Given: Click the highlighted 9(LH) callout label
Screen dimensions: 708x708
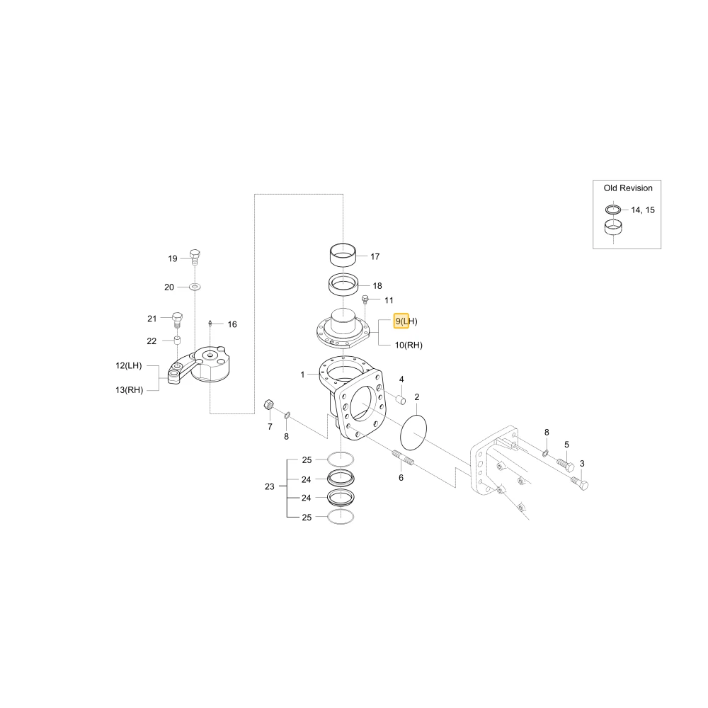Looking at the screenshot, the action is point(406,321).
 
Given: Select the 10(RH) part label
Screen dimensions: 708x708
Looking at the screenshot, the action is point(409,346).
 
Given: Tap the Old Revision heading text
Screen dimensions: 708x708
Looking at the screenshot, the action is point(628,188).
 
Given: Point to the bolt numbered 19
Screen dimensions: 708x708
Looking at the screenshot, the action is point(195,257).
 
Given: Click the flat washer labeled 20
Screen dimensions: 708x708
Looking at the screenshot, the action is point(195,287).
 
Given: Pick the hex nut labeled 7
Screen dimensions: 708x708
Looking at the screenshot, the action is point(268,404).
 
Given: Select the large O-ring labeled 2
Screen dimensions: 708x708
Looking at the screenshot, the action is point(413,433).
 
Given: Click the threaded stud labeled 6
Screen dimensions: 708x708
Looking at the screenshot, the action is point(404,457).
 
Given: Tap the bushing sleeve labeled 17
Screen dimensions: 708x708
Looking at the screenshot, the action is point(343,256).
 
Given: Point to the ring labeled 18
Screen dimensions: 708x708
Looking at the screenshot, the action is point(343,285).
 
